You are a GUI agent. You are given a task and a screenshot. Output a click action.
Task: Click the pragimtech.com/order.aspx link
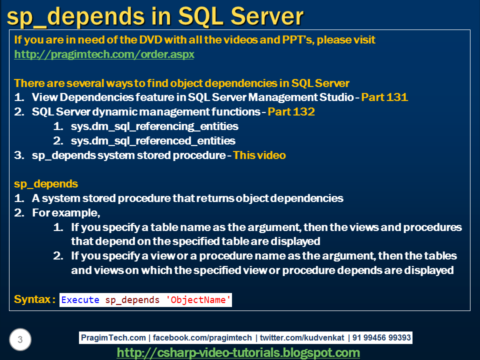[104, 54]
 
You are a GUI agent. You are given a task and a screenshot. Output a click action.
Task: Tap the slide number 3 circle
[20, 340]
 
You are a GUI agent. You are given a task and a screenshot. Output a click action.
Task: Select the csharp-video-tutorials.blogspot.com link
[238, 352]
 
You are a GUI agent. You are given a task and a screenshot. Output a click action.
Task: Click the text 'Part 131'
[384, 97]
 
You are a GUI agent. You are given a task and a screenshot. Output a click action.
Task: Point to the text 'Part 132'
[291, 112]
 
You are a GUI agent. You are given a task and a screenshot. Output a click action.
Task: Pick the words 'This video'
[259, 155]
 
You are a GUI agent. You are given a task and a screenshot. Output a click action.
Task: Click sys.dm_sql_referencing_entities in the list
[154, 126]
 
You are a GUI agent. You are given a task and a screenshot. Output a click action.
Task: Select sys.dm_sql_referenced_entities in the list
[153, 141]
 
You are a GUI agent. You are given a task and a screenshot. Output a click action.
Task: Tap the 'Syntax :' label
[34, 299]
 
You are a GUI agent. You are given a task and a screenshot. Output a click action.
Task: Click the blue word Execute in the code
[80, 300]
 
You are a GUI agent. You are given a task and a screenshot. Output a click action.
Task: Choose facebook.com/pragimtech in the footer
[203, 338]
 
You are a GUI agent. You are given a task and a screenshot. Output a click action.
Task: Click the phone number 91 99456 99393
[381, 338]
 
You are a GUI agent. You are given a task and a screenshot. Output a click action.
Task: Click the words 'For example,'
[66, 213]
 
